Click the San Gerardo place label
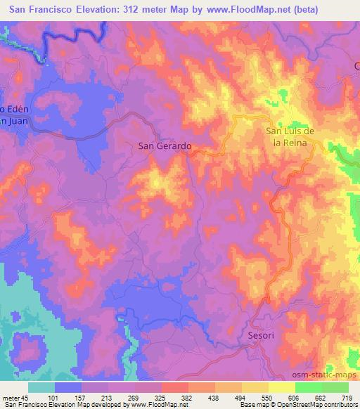tap(163, 146)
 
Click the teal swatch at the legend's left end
tap(41, 387)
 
